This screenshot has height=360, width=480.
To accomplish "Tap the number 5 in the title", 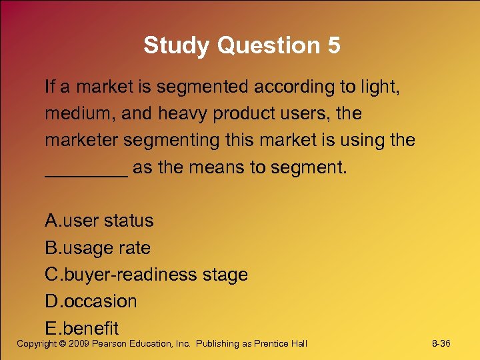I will coord(333,46).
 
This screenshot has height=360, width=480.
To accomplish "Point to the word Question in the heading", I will coord(266,46).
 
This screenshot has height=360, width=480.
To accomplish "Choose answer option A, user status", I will coord(99,221).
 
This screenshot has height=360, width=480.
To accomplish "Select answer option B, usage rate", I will coord(98,248).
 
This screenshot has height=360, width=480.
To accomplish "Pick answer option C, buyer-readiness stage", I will coord(146,275).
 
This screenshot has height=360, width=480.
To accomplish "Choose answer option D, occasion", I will coord(91,301).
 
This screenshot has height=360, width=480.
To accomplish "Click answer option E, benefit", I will coord(81,328).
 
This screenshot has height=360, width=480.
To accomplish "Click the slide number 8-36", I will coord(441,343).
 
